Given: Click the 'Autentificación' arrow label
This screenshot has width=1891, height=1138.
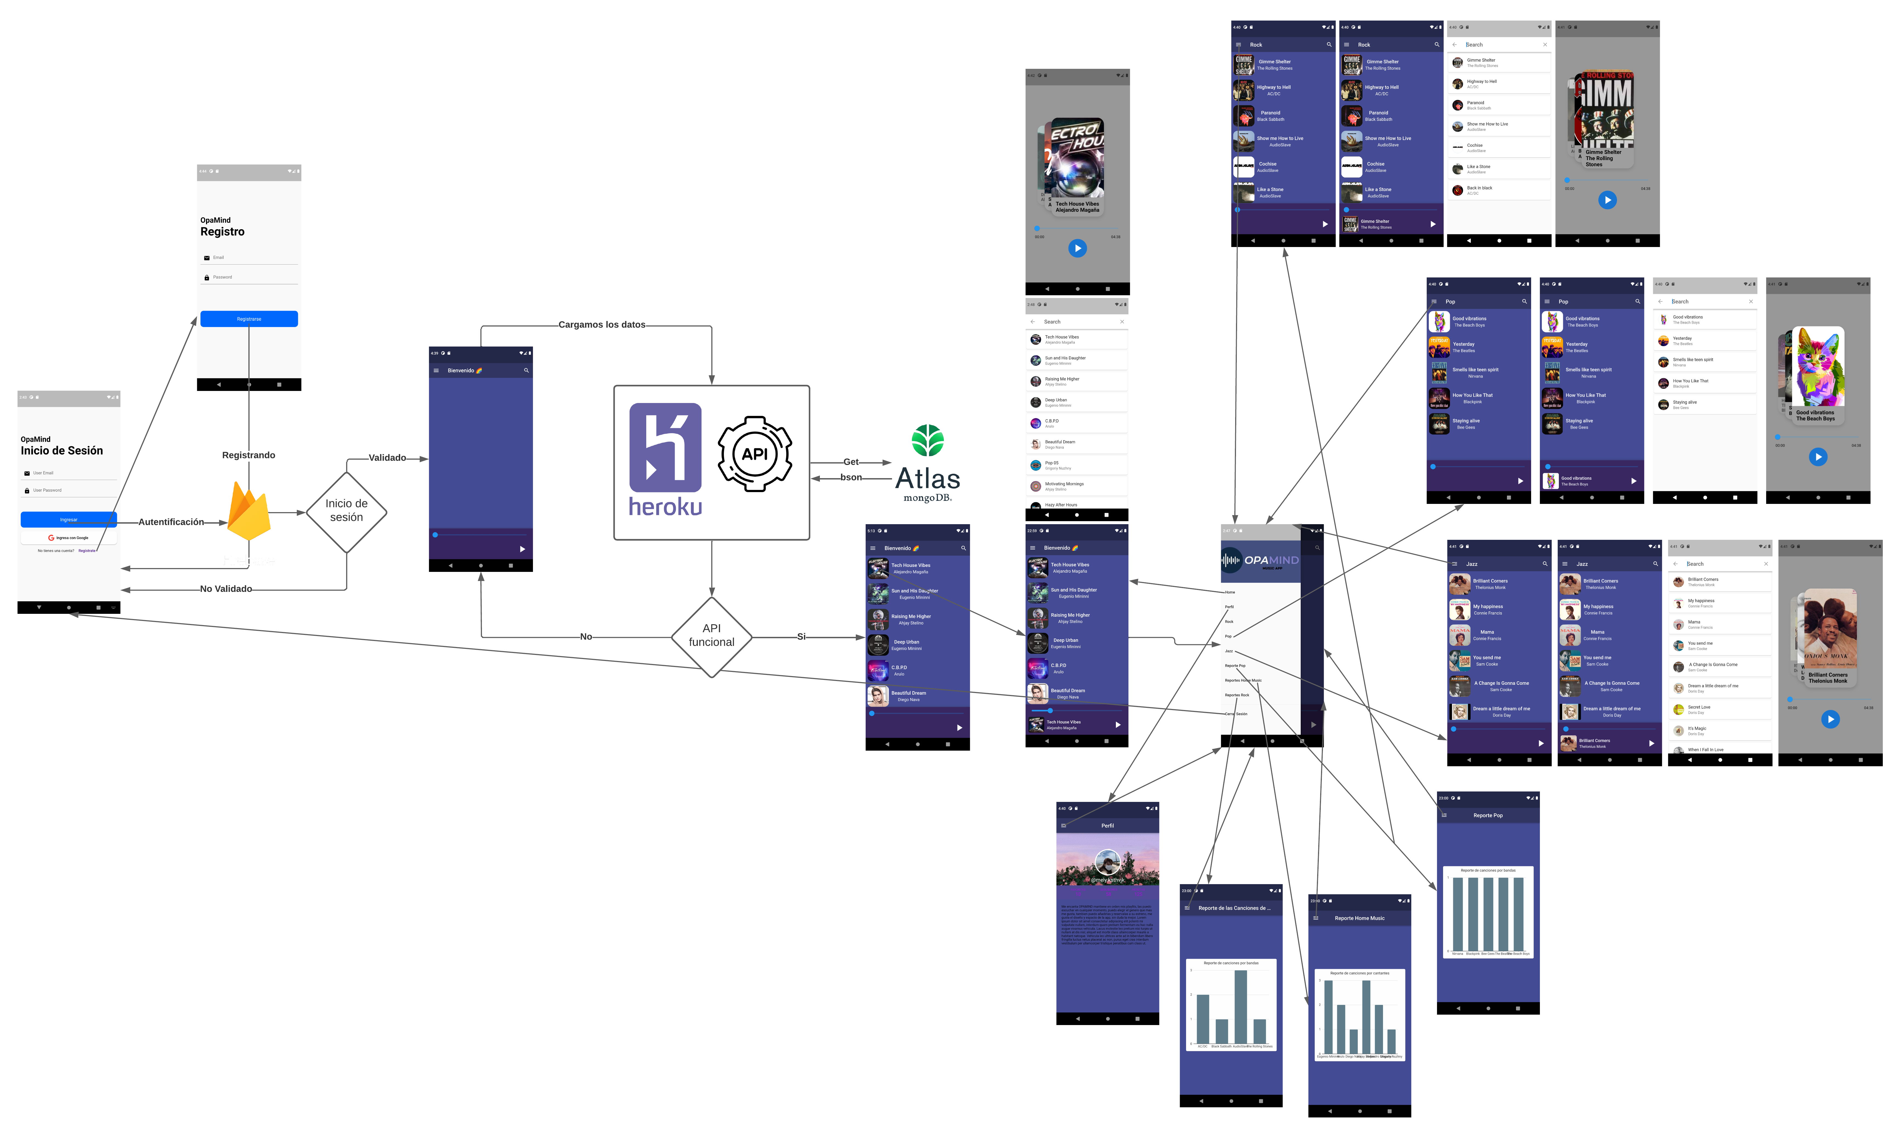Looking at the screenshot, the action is (171, 522).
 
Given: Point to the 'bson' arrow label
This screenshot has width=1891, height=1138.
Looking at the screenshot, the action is (851, 477).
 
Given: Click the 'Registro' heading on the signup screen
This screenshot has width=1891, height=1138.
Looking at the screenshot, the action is (222, 232).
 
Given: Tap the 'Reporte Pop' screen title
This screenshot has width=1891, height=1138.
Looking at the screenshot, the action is (1488, 815).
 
